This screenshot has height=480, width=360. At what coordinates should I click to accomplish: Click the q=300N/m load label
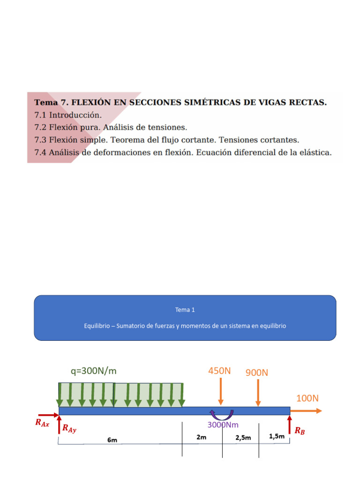(93, 371)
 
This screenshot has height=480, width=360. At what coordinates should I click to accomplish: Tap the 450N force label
(220, 371)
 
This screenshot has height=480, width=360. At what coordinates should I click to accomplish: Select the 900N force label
(257, 373)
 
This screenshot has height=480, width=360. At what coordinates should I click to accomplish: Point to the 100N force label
(307, 398)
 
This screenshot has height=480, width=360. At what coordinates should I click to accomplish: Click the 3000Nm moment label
(223, 425)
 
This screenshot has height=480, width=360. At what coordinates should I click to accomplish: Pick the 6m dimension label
(112, 440)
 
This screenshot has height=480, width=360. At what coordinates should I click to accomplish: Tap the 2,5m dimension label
(243, 437)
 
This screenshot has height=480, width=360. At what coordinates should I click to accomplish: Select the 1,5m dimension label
(277, 436)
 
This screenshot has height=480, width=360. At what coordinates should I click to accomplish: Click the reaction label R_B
(300, 431)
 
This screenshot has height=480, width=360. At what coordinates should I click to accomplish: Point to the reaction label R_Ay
(69, 428)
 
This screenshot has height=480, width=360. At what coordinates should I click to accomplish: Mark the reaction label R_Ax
(42, 422)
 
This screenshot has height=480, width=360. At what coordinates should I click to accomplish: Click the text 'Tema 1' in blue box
(185, 310)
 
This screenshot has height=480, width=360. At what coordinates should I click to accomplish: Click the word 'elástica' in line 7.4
(315, 152)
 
